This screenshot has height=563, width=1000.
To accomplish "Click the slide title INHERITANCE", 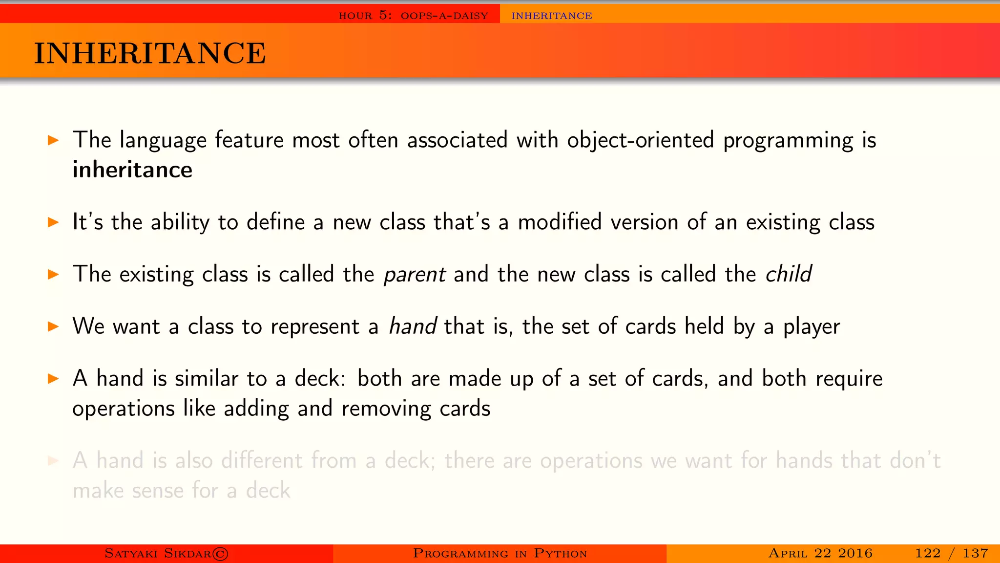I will tap(150, 53).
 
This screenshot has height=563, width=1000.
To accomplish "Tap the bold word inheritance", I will tap(132, 170).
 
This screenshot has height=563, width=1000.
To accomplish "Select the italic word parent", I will tap(415, 274).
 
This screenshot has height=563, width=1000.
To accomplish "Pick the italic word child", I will tap(788, 274).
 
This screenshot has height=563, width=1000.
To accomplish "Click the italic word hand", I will tap(413, 326).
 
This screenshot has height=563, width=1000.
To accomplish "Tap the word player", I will tap(812, 327).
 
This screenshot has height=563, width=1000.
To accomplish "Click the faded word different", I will tap(262, 460).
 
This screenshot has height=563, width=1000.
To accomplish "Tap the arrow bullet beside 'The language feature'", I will tap(53, 141).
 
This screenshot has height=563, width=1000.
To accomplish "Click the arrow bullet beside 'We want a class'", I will tap(53, 326).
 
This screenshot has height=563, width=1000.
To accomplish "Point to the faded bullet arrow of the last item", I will tap(53, 460).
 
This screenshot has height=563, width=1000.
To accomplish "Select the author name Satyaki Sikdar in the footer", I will tap(158, 553).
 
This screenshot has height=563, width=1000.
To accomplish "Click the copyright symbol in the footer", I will tap(221, 554).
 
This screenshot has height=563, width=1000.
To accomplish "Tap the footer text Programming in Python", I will tap(500, 553).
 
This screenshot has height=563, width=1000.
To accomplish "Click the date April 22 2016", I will tap(820, 553).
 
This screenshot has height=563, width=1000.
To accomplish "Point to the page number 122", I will tap(928, 553).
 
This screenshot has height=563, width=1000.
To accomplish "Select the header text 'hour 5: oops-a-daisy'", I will tap(413, 16).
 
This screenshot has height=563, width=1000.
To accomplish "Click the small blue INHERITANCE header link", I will tap(552, 16).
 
